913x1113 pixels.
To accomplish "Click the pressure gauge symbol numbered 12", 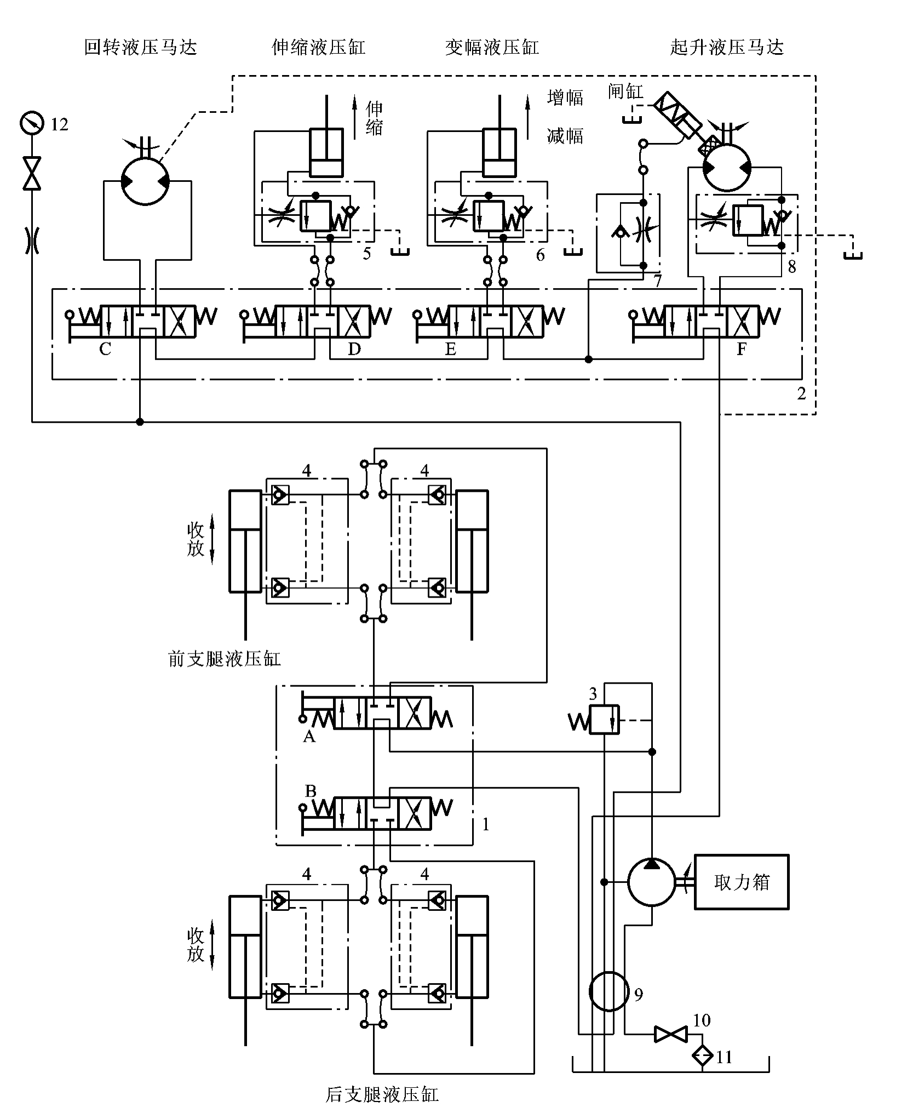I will point(31,123).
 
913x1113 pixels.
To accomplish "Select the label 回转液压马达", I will point(140,48).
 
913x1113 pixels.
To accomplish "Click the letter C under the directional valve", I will point(105,349).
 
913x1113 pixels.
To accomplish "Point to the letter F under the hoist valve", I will point(742,349).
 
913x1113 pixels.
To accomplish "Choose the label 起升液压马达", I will point(726,48).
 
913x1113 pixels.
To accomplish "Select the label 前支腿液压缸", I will point(225,658).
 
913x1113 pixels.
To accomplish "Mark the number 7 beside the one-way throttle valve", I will point(657,281).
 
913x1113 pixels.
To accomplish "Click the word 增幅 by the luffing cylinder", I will point(565,98).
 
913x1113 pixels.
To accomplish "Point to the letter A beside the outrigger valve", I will point(309,737).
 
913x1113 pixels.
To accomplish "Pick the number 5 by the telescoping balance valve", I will point(366,254).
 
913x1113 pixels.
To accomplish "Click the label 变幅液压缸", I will point(492,48).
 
